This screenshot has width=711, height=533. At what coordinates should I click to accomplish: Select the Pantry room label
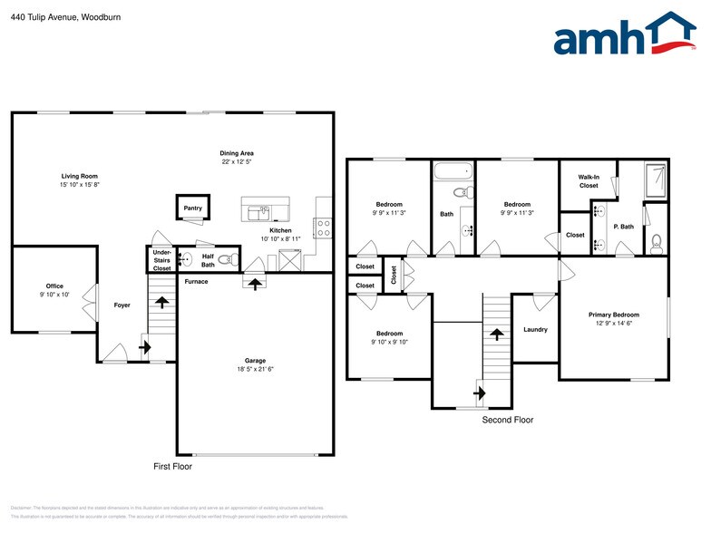click(192, 208)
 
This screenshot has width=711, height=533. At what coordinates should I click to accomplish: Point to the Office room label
click(54, 286)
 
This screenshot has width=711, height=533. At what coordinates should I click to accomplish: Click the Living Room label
click(79, 176)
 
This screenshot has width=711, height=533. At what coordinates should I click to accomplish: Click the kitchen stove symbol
click(323, 229)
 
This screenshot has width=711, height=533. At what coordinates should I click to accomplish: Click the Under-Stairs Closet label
click(161, 260)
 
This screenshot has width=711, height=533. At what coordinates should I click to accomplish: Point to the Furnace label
click(196, 282)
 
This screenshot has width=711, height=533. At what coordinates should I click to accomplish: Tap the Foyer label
click(122, 305)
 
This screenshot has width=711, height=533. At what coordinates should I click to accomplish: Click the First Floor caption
click(171, 467)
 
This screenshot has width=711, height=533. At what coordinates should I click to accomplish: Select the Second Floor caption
click(507, 420)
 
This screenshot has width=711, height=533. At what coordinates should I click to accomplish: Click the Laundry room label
click(535, 329)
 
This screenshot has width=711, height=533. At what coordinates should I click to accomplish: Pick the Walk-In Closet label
click(589, 181)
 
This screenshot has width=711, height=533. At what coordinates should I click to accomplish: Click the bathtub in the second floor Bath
click(452, 171)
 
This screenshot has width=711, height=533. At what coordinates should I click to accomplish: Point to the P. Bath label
click(622, 227)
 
